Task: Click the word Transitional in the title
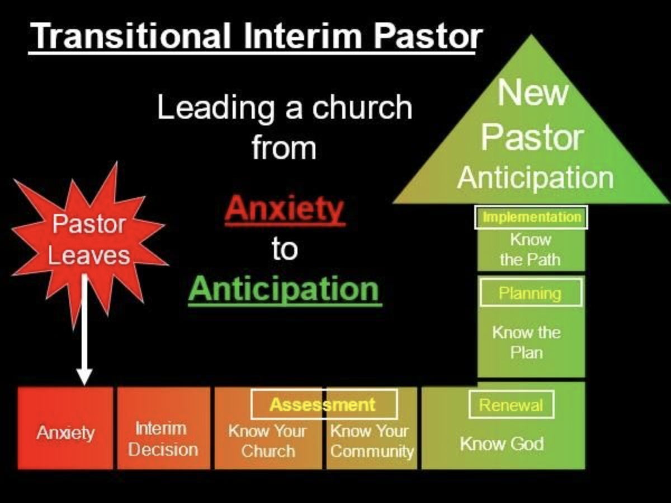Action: click(x=130, y=35)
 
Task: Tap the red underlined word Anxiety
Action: click(x=285, y=209)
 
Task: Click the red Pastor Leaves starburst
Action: click(x=89, y=242)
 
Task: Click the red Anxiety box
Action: click(x=65, y=428)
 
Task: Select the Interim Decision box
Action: click(x=163, y=428)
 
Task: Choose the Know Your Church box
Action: click(x=268, y=428)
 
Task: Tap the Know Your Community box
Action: click(x=372, y=428)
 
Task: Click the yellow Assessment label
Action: click(x=323, y=404)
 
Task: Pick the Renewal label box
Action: click(x=511, y=404)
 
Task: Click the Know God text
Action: click(x=502, y=444)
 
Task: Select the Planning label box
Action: click(x=531, y=293)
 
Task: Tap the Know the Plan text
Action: click(x=526, y=342)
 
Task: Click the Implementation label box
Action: click(x=531, y=217)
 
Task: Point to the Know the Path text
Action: click(x=531, y=249)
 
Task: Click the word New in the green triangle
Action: click(x=532, y=92)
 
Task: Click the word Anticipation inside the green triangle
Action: click(x=536, y=178)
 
